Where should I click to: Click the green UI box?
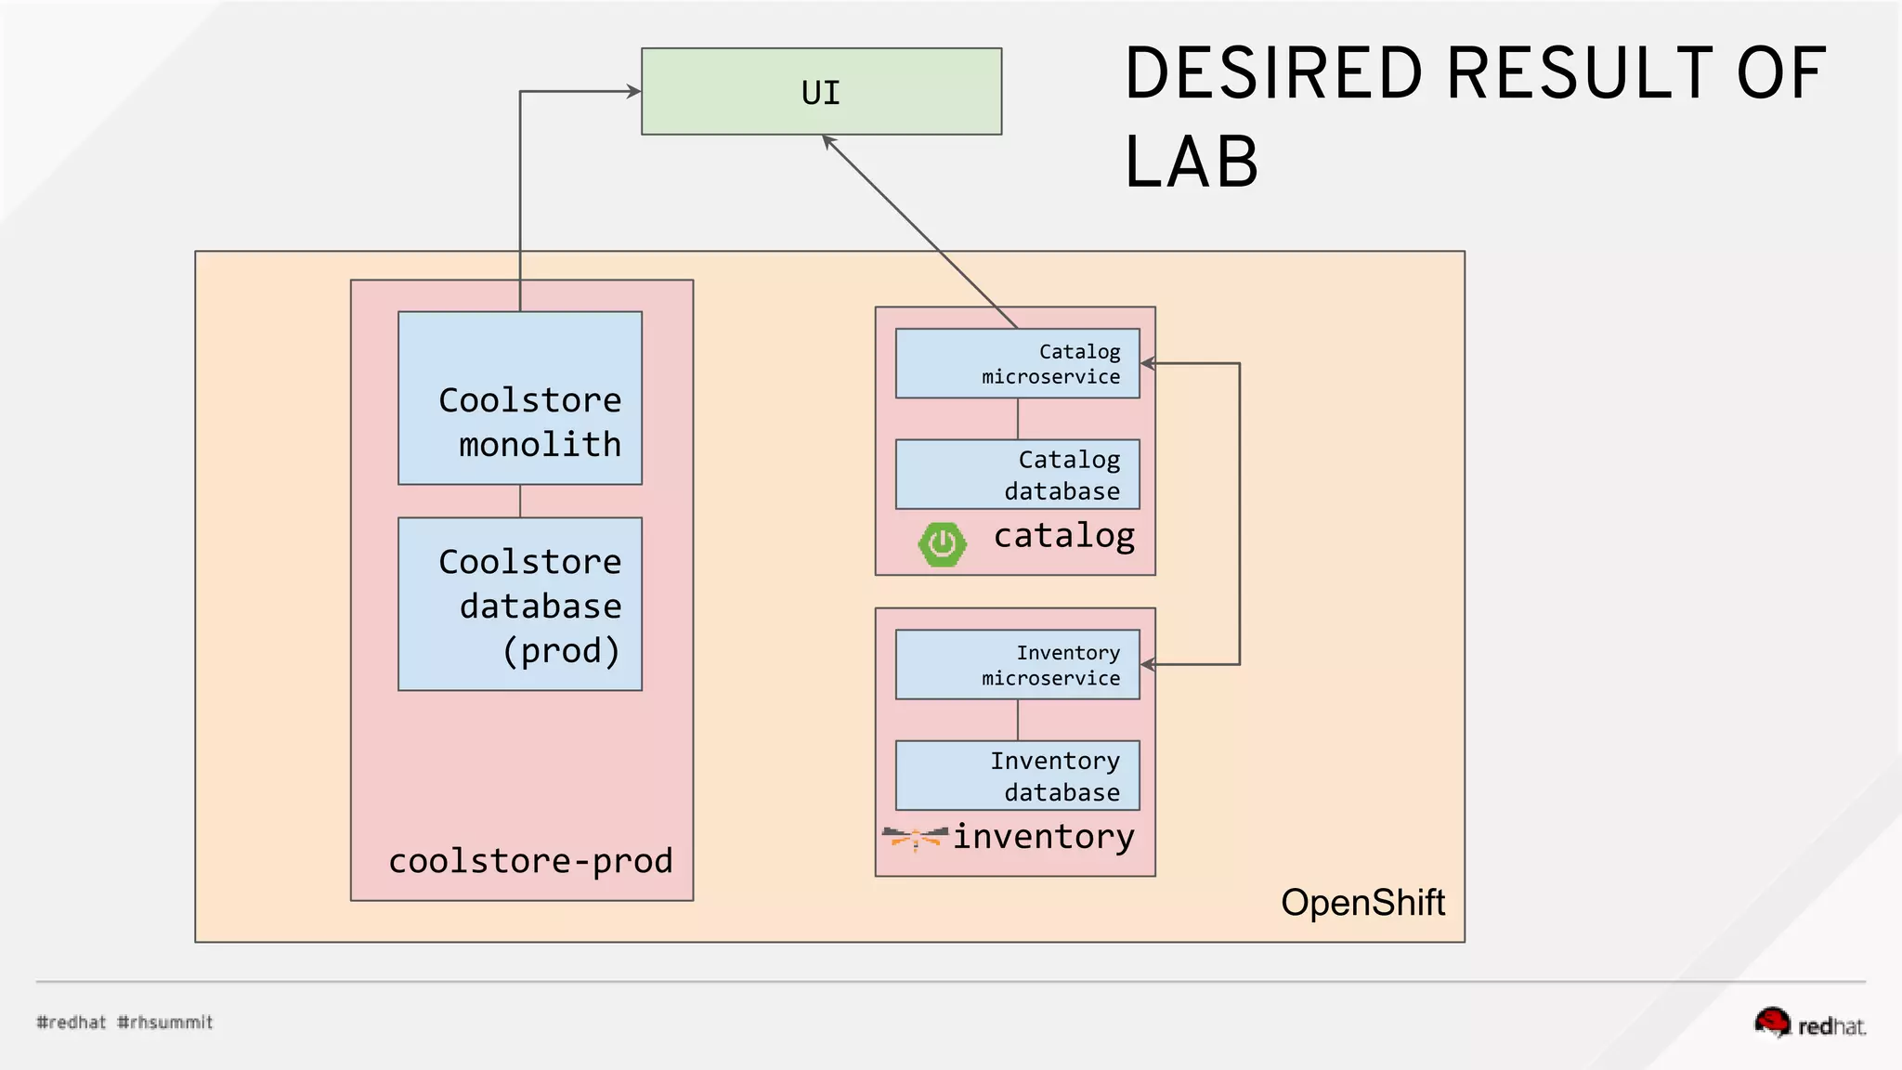tap(821, 92)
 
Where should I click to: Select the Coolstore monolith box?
tap(520, 398)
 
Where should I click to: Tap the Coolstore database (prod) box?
tap(520, 605)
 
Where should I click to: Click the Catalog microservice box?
tap(1017, 364)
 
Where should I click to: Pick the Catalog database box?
tap(1017, 475)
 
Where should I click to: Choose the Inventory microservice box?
tap(1017, 665)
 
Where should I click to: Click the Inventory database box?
tap(1017, 776)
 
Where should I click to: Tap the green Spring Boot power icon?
tap(942, 544)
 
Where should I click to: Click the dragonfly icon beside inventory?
tap(915, 837)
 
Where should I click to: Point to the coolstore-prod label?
tap(530, 861)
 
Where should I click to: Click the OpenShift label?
tap(1362, 903)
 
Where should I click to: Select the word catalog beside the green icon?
tap(1064, 536)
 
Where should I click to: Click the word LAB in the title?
tap(1192, 163)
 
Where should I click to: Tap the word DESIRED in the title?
tap(1273, 74)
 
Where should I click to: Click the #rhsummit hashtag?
tap(165, 1023)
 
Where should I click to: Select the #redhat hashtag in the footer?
tap(72, 1023)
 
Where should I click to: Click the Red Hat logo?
tap(1809, 1023)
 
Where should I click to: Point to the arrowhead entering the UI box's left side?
tap(634, 91)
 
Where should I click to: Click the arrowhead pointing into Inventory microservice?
tap(1148, 665)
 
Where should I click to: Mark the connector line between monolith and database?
tap(520, 502)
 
